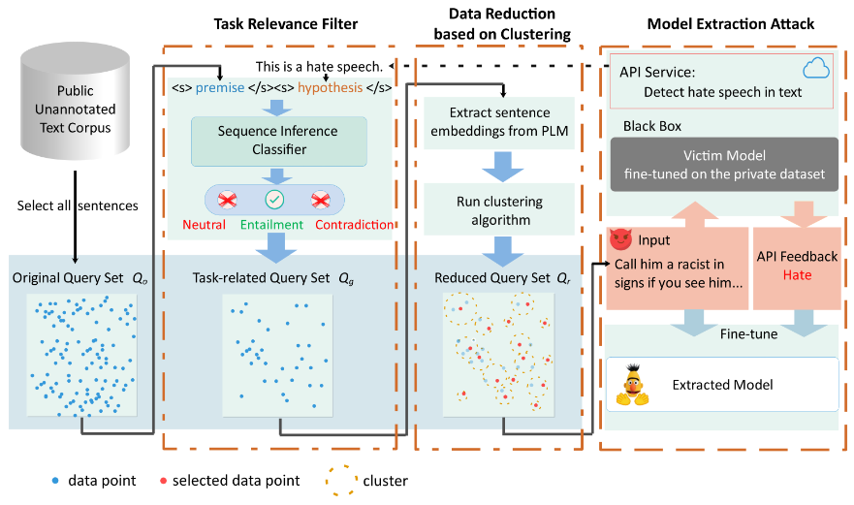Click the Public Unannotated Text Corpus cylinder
[x=76, y=110]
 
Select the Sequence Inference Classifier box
[x=279, y=141]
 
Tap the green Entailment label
[x=272, y=225]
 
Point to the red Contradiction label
[x=356, y=225]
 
